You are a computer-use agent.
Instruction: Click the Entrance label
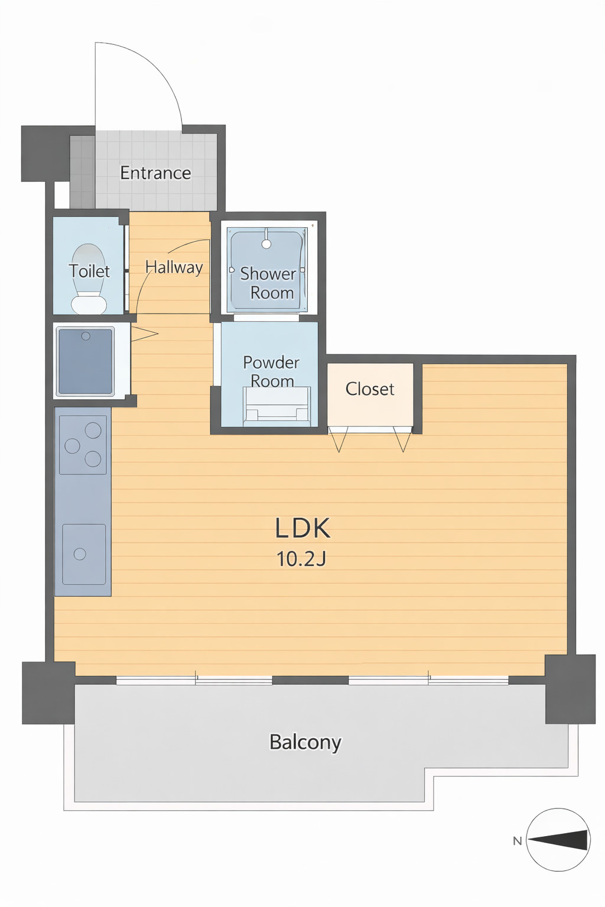[155, 173]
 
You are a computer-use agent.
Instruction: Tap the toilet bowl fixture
[89, 279]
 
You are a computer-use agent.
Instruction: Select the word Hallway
[174, 267]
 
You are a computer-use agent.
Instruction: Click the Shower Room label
[268, 283]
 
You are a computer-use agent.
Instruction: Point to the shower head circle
[266, 244]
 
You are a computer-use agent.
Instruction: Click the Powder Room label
[271, 371]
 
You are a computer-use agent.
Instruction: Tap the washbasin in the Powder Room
[277, 406]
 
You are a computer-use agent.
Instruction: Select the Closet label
[370, 389]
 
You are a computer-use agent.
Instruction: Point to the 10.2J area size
[301, 559]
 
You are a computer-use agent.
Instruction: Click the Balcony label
[305, 743]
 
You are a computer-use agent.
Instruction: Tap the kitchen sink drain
[80, 553]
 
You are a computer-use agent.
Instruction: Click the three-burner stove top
[83, 445]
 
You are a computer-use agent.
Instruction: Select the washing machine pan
[86, 361]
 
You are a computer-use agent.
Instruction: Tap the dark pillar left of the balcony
[48, 693]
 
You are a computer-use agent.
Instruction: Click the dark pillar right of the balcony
[570, 689]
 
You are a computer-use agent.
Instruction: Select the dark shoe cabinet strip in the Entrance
[82, 171]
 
